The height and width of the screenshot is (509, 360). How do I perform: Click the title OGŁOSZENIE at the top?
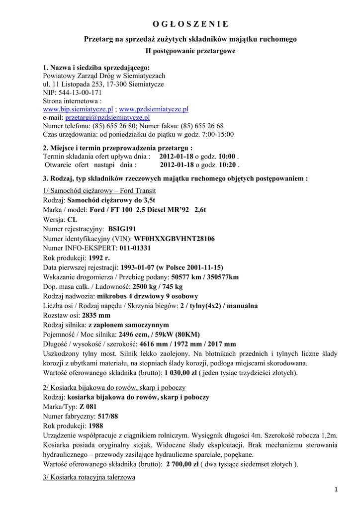(x=190, y=24)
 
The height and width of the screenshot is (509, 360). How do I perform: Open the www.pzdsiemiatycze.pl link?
(x=154, y=109)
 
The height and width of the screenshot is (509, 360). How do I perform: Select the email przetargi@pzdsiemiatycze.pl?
(x=107, y=118)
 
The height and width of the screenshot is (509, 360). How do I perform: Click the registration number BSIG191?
(x=122, y=229)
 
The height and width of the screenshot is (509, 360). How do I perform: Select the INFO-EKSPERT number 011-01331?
(x=135, y=248)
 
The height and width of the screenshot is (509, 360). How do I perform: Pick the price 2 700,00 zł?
(x=180, y=464)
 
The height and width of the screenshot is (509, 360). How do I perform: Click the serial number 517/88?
(x=108, y=416)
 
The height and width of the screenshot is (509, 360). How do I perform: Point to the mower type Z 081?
(x=88, y=407)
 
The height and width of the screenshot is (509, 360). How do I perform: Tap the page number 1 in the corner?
(x=336, y=490)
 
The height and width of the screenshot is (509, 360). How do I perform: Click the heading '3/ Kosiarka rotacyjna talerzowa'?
(x=90, y=477)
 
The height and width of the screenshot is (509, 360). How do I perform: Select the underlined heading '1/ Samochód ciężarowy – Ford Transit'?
(x=99, y=191)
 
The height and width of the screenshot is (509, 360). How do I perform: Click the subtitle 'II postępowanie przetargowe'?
(x=190, y=51)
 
